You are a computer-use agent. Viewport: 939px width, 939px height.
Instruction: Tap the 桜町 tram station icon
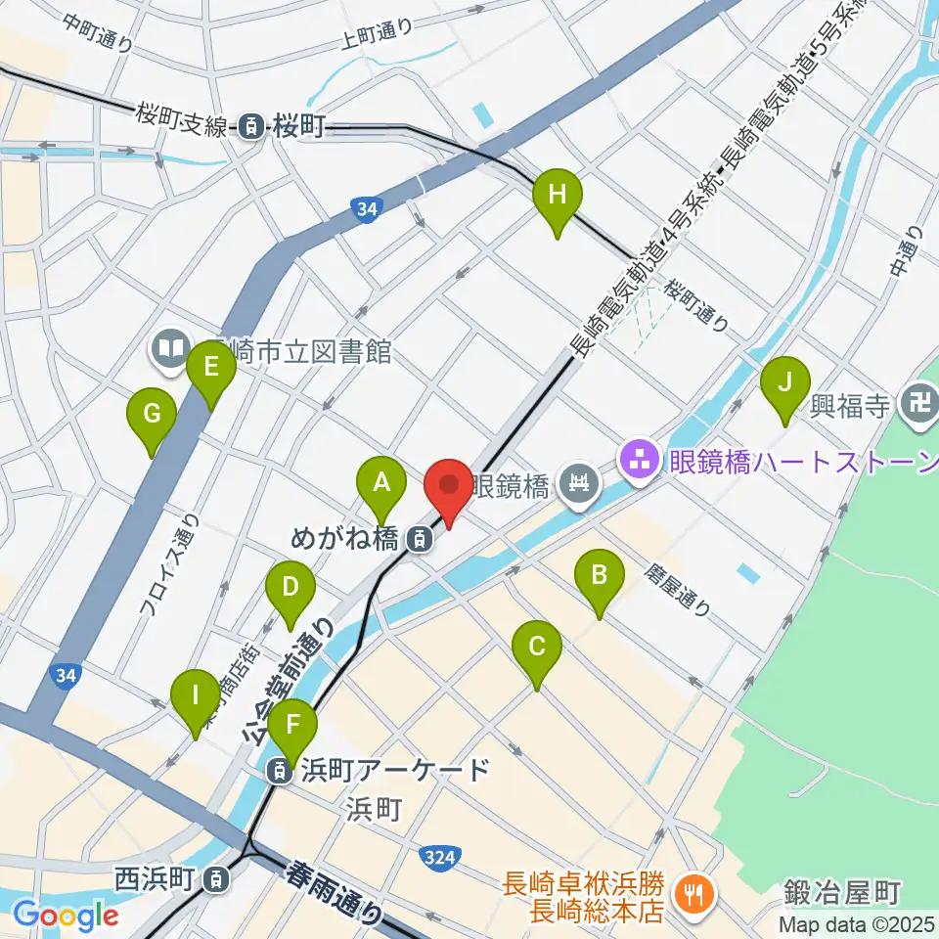click(x=252, y=126)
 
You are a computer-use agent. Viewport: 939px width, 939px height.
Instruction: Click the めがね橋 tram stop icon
click(x=419, y=537)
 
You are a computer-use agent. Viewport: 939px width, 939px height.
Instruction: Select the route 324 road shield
click(x=438, y=857)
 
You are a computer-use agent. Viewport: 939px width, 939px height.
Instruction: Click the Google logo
click(x=67, y=916)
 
